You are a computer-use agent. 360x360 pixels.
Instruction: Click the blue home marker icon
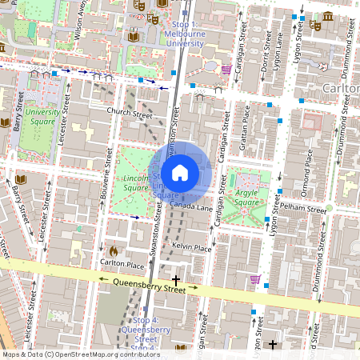[x=180, y=172]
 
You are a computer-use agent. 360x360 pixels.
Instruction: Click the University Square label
[x=41, y=118]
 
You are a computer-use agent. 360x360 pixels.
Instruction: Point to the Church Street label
[x=129, y=114]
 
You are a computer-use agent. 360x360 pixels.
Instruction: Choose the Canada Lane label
[x=191, y=207]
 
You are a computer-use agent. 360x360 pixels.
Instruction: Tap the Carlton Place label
[x=122, y=263]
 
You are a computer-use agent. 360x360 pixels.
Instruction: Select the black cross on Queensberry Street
[x=176, y=281]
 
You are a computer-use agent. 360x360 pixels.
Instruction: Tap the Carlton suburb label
[x=340, y=86]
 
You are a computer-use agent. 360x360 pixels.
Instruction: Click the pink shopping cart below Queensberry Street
[x=255, y=279]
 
